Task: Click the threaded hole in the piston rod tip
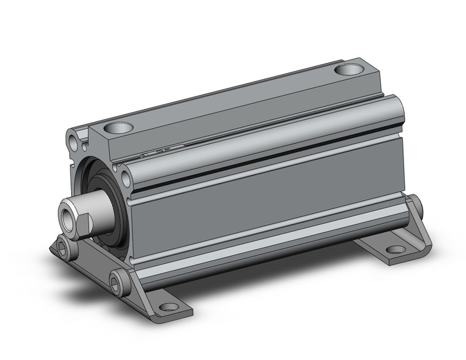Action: [66, 215]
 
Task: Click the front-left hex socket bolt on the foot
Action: [64, 249]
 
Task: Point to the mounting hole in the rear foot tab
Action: [395, 250]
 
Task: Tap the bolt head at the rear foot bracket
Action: [416, 205]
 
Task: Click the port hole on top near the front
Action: [118, 128]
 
